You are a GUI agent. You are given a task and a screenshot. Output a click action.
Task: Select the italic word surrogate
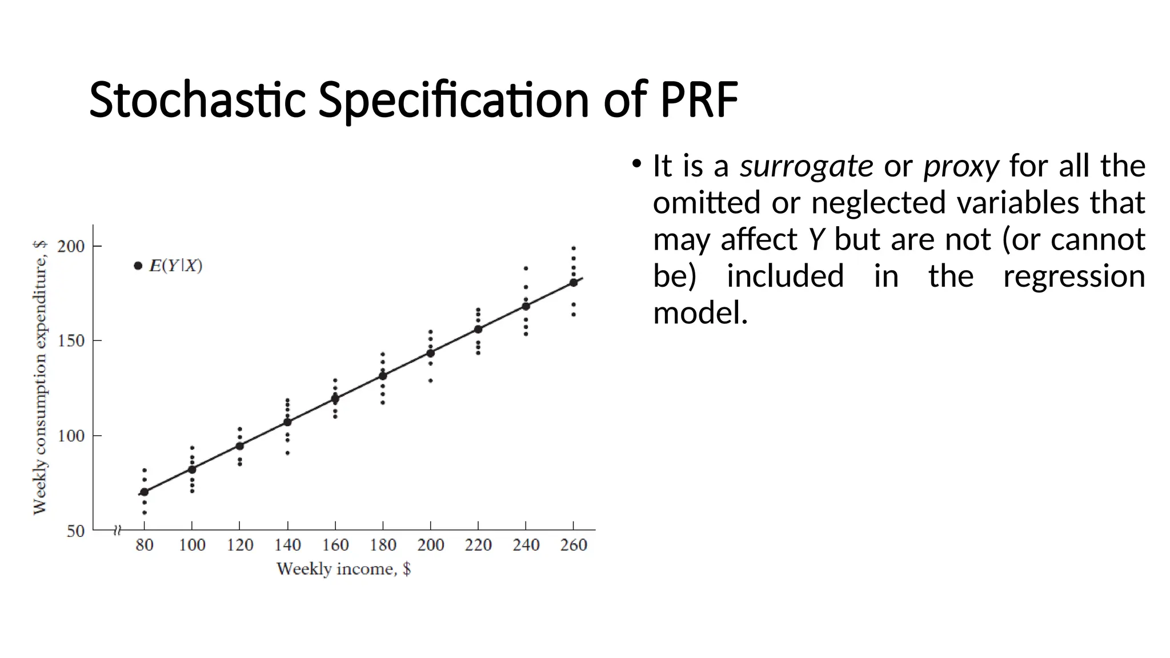click(x=806, y=166)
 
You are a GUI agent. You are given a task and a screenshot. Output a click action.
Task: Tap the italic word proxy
click(x=961, y=166)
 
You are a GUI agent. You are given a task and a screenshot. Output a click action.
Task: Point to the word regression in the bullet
click(x=1073, y=276)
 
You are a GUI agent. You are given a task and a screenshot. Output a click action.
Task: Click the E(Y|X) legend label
click(x=175, y=266)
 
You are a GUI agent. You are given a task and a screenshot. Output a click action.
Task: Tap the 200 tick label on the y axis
click(x=71, y=247)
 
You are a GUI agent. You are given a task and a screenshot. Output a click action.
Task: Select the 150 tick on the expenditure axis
click(x=71, y=341)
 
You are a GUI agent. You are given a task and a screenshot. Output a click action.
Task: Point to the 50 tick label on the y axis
click(x=75, y=531)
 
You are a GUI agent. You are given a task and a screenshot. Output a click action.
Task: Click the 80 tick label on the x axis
click(x=145, y=545)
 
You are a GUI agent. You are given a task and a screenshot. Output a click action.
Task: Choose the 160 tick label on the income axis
click(x=335, y=545)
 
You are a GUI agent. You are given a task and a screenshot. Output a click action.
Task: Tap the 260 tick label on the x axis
click(x=574, y=545)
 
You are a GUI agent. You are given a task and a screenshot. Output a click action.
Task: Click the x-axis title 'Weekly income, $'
click(x=343, y=569)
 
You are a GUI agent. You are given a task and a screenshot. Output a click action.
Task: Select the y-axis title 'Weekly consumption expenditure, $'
click(x=39, y=377)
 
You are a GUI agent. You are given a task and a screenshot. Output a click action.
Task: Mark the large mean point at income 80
click(x=145, y=492)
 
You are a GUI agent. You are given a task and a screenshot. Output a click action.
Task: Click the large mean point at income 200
click(x=430, y=353)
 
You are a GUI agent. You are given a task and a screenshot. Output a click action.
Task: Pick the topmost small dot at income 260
click(x=574, y=248)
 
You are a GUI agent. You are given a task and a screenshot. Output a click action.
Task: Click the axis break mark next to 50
click(x=118, y=531)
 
